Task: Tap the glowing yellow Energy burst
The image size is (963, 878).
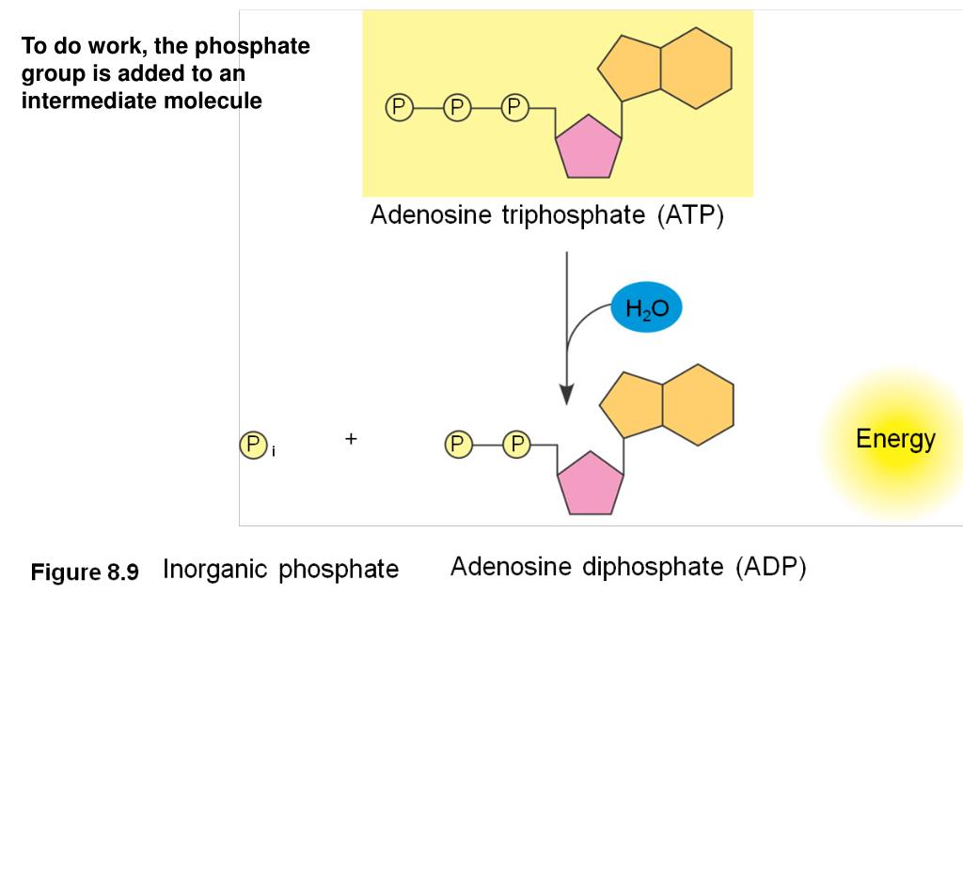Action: pos(894,442)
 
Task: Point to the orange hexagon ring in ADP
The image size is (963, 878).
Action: pos(698,404)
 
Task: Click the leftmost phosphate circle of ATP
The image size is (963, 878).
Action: pos(399,108)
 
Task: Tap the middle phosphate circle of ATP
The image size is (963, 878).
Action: pos(457,108)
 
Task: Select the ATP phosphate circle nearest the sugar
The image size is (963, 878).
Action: pos(514,108)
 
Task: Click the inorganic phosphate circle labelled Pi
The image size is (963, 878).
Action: pos(253,444)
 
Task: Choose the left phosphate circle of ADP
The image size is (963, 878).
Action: pos(458,444)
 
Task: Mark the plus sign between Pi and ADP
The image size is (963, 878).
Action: pos(351,438)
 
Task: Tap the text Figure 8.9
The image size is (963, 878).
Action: pos(85,572)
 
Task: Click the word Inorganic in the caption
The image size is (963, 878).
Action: pos(215,570)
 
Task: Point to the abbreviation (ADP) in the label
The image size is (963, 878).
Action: pos(771,568)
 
